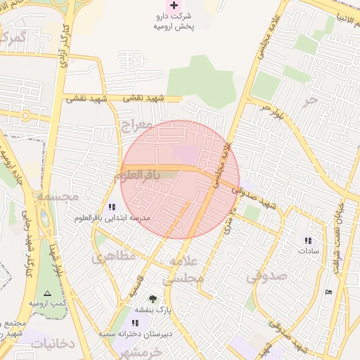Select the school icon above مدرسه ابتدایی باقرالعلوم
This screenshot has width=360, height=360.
[112, 207]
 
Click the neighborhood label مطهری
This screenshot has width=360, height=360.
[112, 257]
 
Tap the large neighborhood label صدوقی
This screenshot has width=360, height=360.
[266, 277]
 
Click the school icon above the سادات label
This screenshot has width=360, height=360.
[307, 240]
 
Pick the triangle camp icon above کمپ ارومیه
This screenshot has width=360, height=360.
[47, 292]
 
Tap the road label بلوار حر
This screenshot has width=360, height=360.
[270, 110]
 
